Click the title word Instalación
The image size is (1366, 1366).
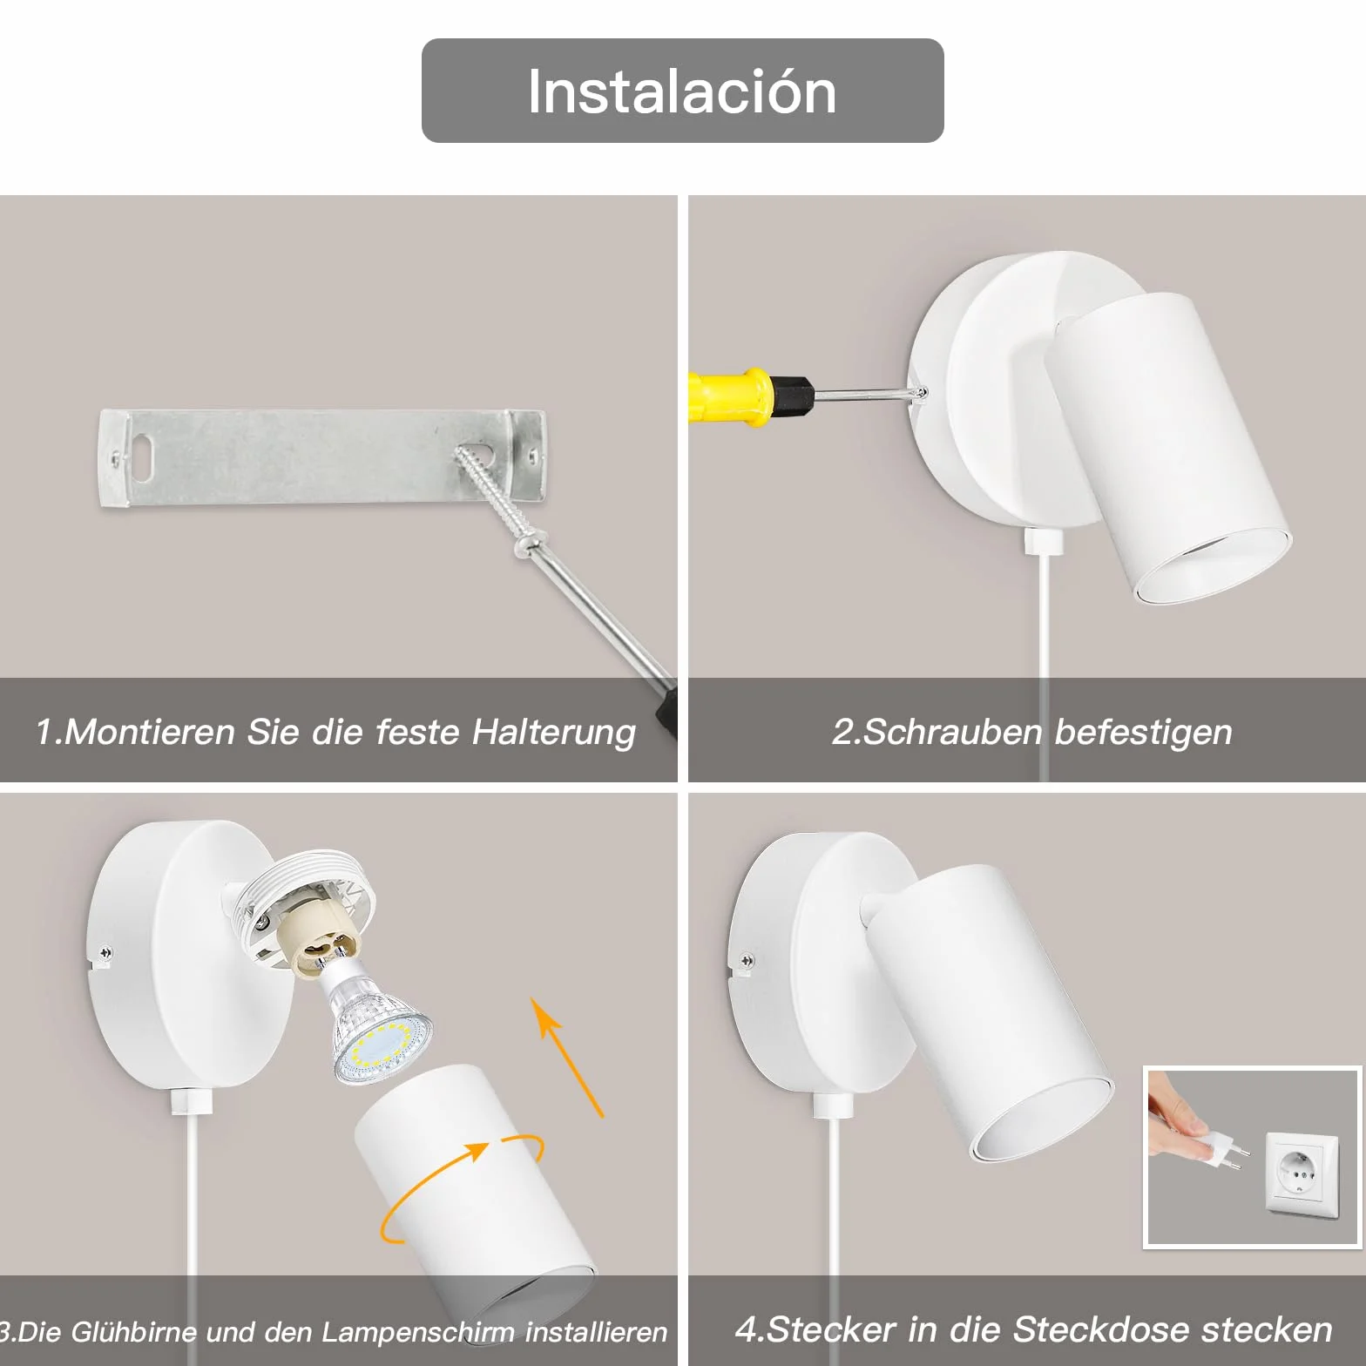pos(682,91)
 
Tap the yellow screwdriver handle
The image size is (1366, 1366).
pos(730,397)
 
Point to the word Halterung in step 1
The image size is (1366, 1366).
pos(554,733)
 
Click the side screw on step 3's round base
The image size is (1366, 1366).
pos(105,953)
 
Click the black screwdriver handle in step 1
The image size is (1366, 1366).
pos(668,710)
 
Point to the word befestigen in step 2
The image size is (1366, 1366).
pos(1144,733)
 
